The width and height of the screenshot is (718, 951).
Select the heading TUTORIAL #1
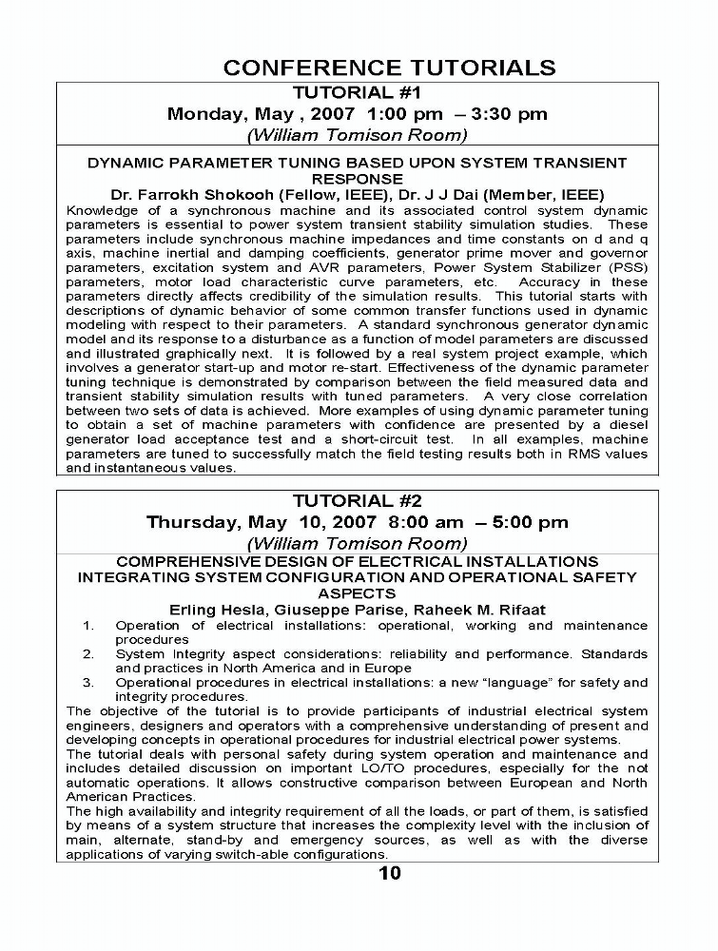click(357, 92)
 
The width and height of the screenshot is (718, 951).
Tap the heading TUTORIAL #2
click(357, 500)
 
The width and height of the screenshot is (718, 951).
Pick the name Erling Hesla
click(213, 610)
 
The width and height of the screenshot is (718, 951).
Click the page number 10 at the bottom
click(390, 873)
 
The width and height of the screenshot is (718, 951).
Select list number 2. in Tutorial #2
click(87, 654)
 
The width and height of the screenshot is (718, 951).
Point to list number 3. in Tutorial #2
click(87, 682)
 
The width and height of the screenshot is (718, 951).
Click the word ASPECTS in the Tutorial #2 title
click(357, 593)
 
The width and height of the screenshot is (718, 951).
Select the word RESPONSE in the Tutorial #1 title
click(357, 178)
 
